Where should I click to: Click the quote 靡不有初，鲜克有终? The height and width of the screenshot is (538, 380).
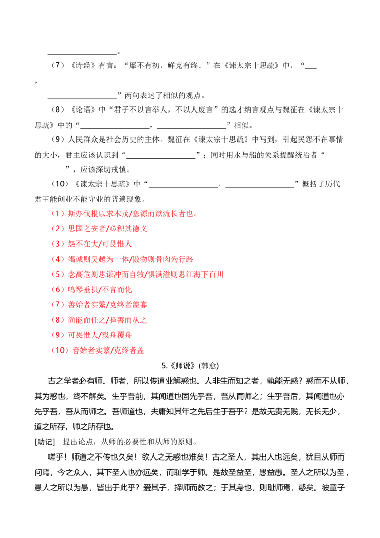tap(164, 65)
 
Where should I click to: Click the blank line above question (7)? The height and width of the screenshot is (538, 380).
tap(82, 54)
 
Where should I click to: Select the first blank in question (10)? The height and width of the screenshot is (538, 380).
tap(183, 187)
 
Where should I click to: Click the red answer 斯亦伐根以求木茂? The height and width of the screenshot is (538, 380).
tap(98, 213)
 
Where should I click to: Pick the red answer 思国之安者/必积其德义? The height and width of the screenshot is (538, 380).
tap(107, 229)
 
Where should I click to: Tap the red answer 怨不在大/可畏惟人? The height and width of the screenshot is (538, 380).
tap(99, 244)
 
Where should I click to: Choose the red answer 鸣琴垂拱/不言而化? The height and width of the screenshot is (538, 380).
tap(99, 289)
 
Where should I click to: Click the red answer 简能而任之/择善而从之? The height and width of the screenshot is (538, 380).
tap(107, 320)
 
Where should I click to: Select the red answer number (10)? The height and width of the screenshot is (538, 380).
tap(60, 350)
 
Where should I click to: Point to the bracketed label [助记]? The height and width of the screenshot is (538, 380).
tap(45, 442)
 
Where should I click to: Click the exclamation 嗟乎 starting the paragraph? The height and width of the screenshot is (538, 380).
tap(56, 457)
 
